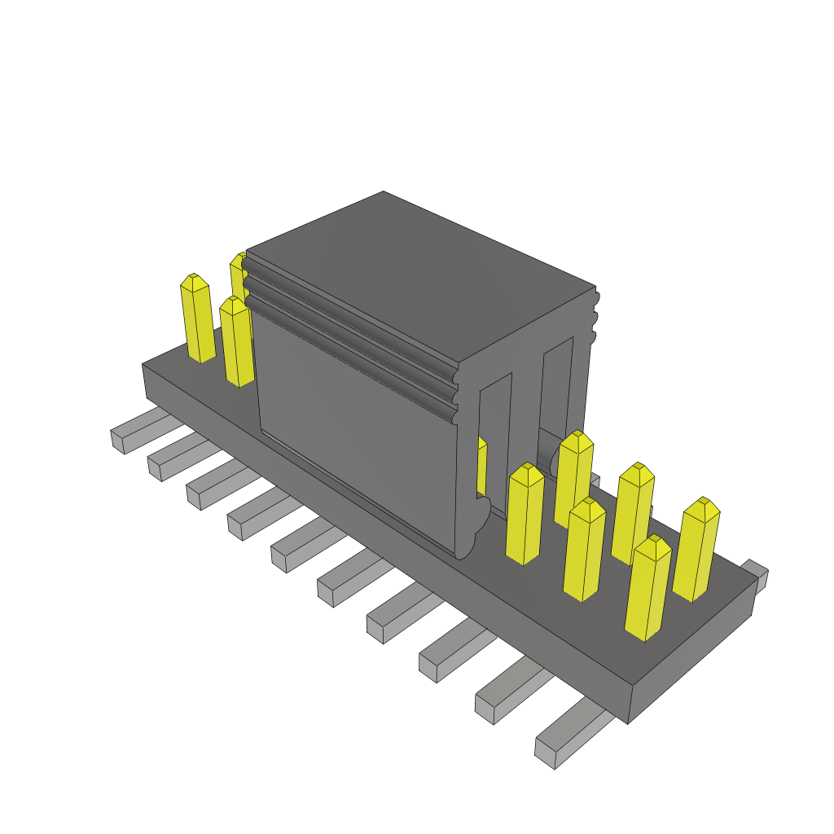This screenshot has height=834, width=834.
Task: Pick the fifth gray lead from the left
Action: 301,547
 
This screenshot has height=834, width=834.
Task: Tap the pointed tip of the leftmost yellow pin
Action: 193,279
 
